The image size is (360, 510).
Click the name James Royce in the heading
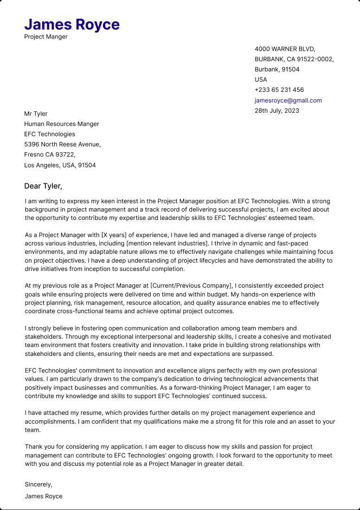pyautogui.click(x=72, y=24)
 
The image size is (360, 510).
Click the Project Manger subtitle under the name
pyautogui.click(x=46, y=37)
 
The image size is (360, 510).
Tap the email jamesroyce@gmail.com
pyautogui.click(x=288, y=100)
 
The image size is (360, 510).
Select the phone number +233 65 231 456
pyautogui.click(x=279, y=90)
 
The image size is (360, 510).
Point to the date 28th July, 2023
pyautogui.click(x=277, y=110)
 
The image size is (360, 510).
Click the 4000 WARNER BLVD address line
pyautogui.click(x=285, y=49)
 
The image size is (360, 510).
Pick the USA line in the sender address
pyautogui.click(x=261, y=79)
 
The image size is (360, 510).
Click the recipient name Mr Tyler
pyautogui.click(x=36, y=113)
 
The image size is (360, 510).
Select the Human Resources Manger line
pyautogui.click(x=62, y=124)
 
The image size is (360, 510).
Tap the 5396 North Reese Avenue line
pyautogui.click(x=62, y=144)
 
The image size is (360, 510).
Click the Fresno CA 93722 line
pyautogui.click(x=50, y=155)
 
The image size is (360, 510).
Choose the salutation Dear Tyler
pyautogui.click(x=43, y=186)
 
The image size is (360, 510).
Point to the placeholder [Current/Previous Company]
pyautogui.click(x=191, y=286)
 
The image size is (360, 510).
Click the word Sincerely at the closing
pyautogui.click(x=39, y=484)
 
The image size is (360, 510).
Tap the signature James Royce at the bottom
pyautogui.click(x=44, y=496)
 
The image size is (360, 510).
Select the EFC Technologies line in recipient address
pyautogui.click(x=50, y=134)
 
